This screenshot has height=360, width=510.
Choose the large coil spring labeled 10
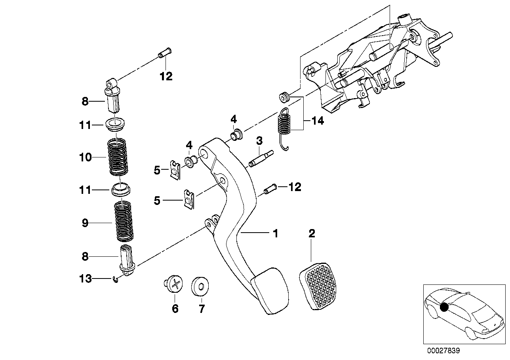point(118,157)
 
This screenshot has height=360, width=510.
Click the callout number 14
point(317,121)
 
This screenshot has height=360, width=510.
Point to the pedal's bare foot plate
point(271,291)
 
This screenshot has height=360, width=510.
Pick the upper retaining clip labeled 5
point(175,169)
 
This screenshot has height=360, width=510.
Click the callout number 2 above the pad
point(312,233)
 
